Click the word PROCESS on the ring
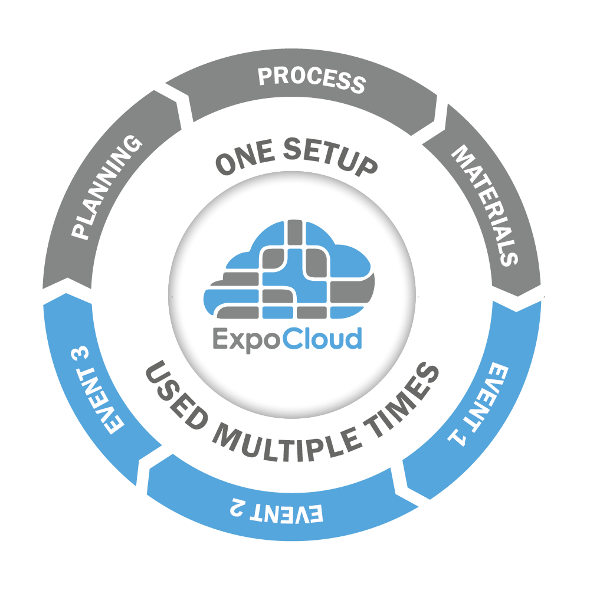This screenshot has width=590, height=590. click(x=312, y=80)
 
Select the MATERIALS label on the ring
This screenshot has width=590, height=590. click(x=484, y=205)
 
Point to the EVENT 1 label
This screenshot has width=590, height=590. click(x=478, y=405)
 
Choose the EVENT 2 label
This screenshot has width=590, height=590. click(x=277, y=510)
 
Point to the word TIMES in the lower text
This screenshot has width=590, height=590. click(x=401, y=400)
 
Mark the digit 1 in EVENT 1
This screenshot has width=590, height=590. click(x=457, y=437)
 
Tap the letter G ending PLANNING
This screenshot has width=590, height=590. click(x=132, y=145)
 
